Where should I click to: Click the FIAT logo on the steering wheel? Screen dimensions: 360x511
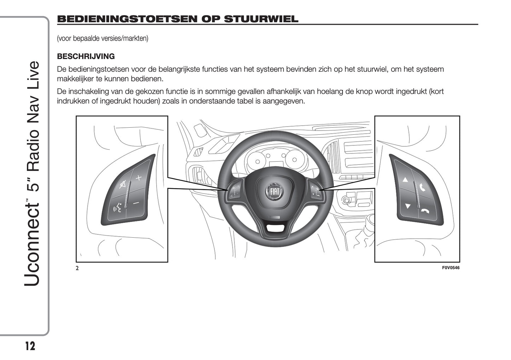click(x=275, y=191)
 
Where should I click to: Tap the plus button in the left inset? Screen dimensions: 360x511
click(x=138, y=178)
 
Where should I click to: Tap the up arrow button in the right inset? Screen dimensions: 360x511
click(x=405, y=180)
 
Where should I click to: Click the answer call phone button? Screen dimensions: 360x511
click(x=422, y=187)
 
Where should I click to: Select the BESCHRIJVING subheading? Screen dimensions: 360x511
click(x=86, y=56)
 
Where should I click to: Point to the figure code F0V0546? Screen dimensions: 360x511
click(x=451, y=268)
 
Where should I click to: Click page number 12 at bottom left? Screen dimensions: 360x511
click(x=30, y=346)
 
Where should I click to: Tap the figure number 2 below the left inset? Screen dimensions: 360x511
click(x=77, y=268)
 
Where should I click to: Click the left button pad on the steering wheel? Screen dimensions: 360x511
click(x=236, y=190)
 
